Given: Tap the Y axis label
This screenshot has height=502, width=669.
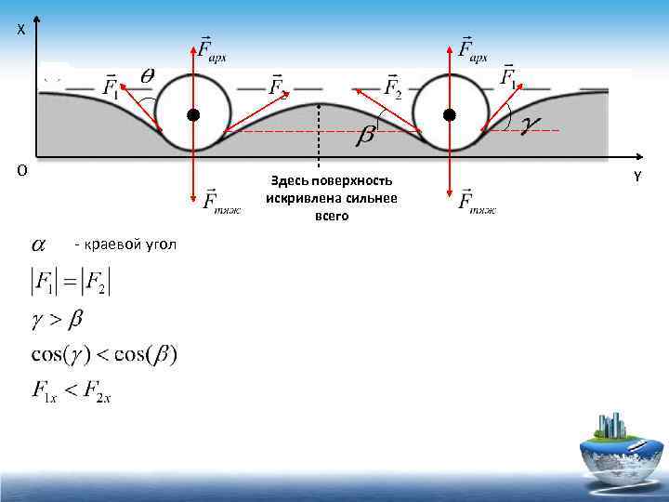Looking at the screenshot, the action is click(637, 176).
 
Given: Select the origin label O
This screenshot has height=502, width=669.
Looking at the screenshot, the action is click(21, 170).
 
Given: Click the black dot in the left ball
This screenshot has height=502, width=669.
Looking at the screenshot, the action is click(192, 115).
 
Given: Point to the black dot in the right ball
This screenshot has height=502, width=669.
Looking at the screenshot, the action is click(449, 115).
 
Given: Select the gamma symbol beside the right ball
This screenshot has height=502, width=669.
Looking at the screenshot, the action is click(532, 124).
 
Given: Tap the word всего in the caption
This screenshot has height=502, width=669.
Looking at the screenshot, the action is click(332, 215).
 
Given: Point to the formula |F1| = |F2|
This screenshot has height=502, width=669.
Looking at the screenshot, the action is click(71, 282).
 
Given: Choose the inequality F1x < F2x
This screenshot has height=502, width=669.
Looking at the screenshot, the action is click(72, 392).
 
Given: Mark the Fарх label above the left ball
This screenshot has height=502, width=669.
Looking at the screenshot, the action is click(211, 48).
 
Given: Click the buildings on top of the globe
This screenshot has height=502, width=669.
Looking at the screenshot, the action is click(612, 427).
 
